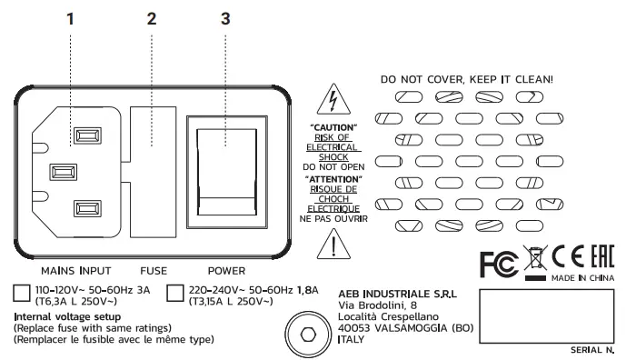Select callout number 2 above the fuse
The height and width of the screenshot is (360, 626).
point(152,17)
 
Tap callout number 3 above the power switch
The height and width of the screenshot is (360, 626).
point(224,17)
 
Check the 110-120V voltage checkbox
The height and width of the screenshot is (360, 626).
point(23,292)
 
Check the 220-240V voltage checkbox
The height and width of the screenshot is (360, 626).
point(176,292)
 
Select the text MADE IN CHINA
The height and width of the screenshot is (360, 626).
point(582,277)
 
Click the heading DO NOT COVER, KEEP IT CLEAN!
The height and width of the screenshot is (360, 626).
point(465,79)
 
